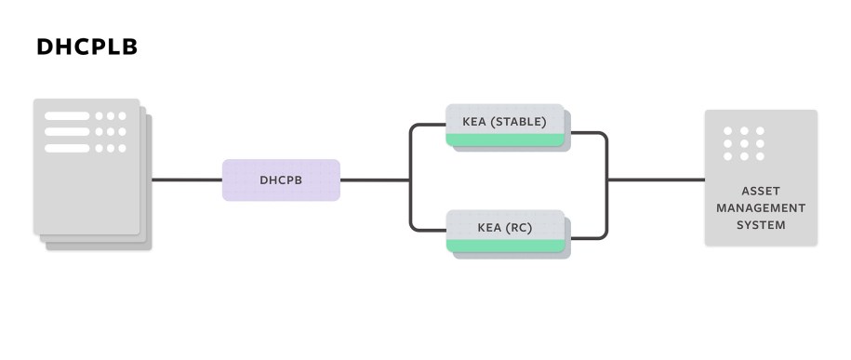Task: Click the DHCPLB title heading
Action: click(x=86, y=47)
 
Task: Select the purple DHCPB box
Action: click(x=281, y=180)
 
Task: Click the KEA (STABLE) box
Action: click(x=505, y=122)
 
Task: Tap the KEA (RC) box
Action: click(x=505, y=227)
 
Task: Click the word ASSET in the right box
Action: click(x=761, y=191)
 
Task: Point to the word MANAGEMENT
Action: click(x=761, y=207)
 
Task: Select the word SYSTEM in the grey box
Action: click(x=761, y=224)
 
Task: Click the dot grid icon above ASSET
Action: click(x=743, y=143)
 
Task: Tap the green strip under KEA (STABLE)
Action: click(x=505, y=140)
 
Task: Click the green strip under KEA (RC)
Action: click(x=505, y=246)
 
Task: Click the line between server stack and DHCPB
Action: click(x=186, y=180)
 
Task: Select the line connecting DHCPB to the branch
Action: click(x=374, y=180)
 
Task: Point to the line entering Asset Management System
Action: click(x=656, y=180)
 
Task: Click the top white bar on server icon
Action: click(x=67, y=116)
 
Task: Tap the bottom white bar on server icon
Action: click(x=67, y=148)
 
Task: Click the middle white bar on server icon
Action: click(x=67, y=132)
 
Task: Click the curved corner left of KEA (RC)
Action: click(x=413, y=226)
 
